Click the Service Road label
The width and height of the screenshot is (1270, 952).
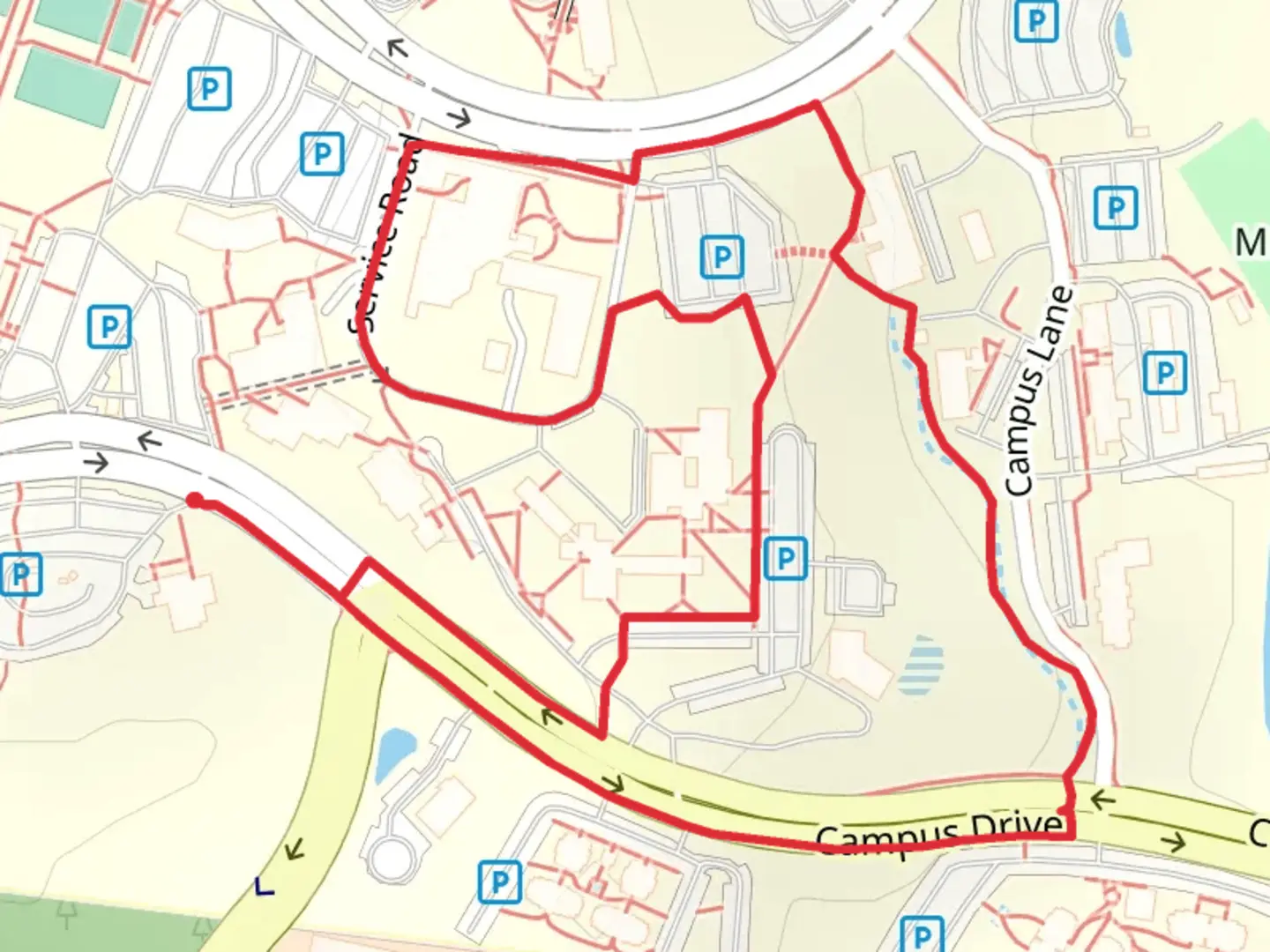[386, 234]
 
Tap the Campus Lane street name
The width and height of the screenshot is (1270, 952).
[1041, 390]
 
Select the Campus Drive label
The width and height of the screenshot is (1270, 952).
[939, 833]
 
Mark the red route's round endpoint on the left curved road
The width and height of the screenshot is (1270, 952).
[194, 501]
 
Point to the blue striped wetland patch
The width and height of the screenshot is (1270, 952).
[921, 667]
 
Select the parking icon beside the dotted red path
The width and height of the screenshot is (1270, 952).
[721, 257]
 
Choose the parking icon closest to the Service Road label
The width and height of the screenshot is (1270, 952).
[322, 154]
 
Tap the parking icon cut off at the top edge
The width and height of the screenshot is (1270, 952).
[1035, 19]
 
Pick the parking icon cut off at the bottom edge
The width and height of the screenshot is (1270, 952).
[921, 934]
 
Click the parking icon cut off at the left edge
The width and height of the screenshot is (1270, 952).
[19, 575]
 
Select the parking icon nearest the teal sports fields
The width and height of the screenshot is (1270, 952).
[209, 89]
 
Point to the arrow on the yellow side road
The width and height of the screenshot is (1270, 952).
[294, 849]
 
